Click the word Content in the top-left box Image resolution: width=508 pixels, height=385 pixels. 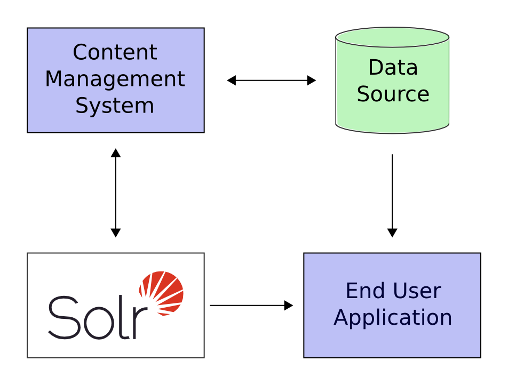[x=115, y=52]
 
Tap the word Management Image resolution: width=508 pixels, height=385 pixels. [x=115, y=79]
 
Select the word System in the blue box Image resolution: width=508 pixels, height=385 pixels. [x=115, y=105]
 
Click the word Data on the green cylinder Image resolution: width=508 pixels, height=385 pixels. [x=393, y=68]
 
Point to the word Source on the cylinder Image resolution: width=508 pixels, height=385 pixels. [x=393, y=94]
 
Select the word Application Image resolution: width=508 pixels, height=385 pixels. [x=393, y=317]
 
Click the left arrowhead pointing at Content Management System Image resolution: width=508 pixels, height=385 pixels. [x=232, y=81]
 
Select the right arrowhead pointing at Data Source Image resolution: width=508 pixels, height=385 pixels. [x=312, y=81]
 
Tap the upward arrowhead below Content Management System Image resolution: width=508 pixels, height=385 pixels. [x=115, y=153]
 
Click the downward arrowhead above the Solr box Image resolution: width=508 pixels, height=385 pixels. [x=115, y=233]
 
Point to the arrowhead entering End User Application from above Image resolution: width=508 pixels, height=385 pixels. [x=392, y=233]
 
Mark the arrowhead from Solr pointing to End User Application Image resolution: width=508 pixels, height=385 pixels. [x=289, y=306]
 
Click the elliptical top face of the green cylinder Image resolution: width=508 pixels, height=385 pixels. [x=392, y=37]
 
